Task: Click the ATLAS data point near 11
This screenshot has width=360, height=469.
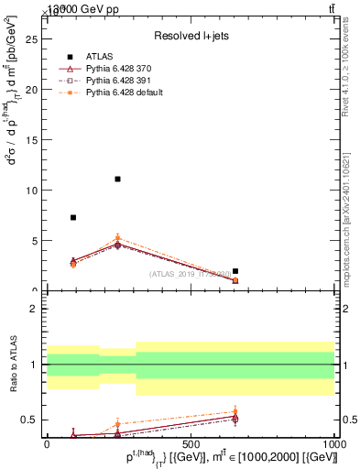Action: pos(117,180)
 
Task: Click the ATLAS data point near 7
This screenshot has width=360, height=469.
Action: pos(73,218)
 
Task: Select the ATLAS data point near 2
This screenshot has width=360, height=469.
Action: pos(235,271)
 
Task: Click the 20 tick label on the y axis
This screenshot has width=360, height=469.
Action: pos(34,90)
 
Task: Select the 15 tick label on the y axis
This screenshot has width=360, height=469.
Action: pos(34,140)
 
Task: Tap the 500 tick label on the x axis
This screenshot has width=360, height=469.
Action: pos(191,442)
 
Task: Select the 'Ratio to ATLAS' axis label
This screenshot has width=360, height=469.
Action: pos(13,365)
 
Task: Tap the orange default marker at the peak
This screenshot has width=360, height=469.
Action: pos(117,238)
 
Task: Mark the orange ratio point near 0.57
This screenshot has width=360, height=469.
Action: pos(235,412)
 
